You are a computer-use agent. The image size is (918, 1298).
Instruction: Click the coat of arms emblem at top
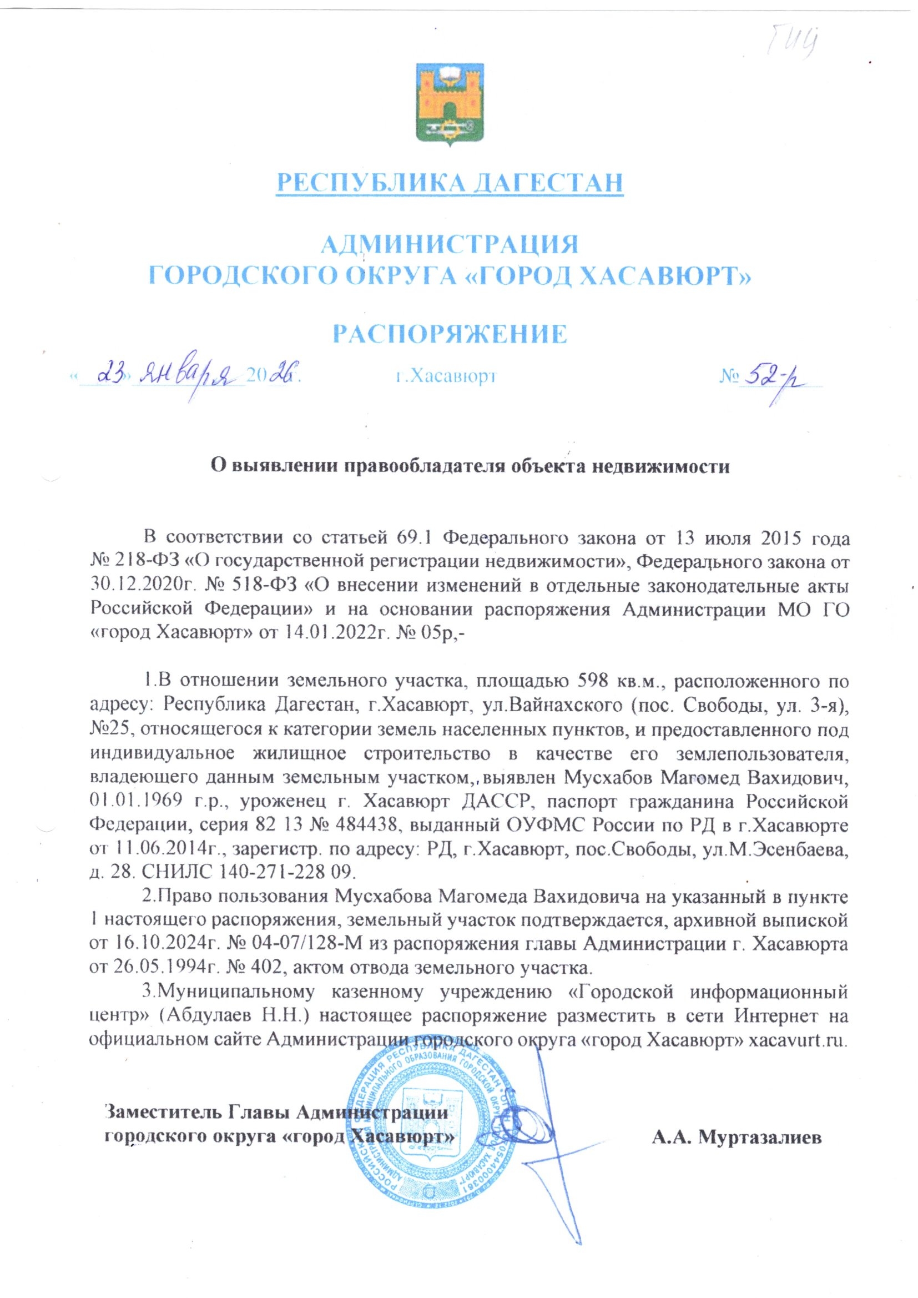451,104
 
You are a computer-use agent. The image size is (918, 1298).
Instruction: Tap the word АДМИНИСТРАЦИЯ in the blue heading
450,245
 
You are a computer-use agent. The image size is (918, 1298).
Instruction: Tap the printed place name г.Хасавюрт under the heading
446,376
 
